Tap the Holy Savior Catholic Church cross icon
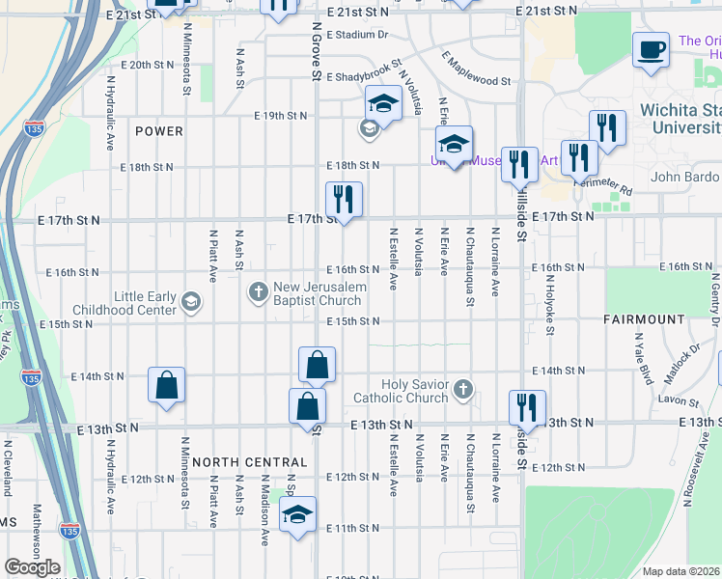(463, 390)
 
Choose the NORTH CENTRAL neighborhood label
(248, 462)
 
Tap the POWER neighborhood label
(159, 130)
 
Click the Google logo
(32, 567)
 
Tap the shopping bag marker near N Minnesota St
(167, 385)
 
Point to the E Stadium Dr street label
(356, 35)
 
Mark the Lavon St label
(679, 400)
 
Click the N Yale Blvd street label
(639, 356)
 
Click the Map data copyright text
(681, 571)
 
